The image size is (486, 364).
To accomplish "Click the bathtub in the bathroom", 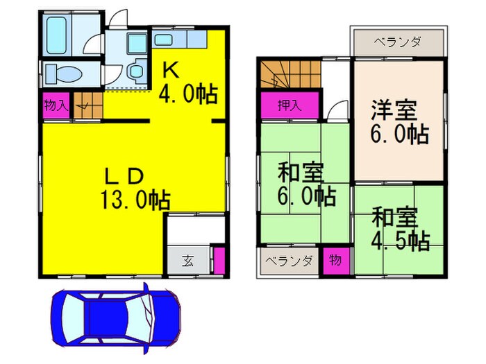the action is coord(56,35).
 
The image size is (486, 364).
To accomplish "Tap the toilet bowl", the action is coord(64,74).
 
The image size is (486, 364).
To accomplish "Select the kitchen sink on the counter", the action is coord(163,40).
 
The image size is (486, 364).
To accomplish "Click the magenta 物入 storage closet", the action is coord(56,105).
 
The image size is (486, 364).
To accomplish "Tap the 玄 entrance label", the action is coord(188,261).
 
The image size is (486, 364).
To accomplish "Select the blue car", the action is coord(116,318).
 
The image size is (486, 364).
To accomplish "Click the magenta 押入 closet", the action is coord(290,105).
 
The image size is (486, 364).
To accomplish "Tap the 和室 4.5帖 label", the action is coord(400,228).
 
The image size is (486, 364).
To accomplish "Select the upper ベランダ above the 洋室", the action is coord(399,42).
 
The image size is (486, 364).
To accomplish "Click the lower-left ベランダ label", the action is coord(289,261).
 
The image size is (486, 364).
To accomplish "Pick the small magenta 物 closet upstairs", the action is coord(336,261).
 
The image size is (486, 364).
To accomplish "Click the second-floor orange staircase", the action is coord(290,74).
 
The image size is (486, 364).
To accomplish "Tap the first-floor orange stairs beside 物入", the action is coord(88,105).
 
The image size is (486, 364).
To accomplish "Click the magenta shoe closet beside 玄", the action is coord(219,261).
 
